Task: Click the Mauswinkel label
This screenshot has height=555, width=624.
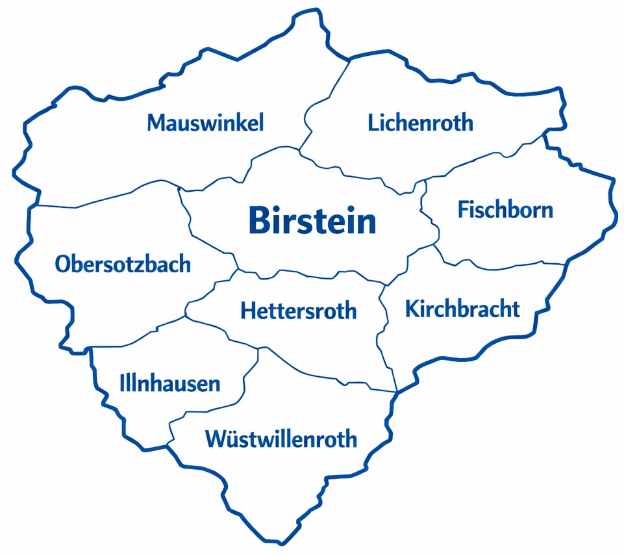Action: [205, 122]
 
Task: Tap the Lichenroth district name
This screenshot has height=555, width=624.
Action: [420, 122]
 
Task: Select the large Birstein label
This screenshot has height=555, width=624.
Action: [312, 221]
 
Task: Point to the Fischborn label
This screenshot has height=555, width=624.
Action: [505, 210]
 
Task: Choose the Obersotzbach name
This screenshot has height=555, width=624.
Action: [123, 264]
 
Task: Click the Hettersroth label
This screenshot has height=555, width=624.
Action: [298, 310]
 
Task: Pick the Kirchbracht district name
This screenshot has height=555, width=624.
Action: [462, 309]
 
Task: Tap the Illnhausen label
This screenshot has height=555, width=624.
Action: [170, 383]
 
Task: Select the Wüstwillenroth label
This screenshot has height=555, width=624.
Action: [281, 439]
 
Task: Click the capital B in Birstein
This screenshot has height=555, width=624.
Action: [258, 221]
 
